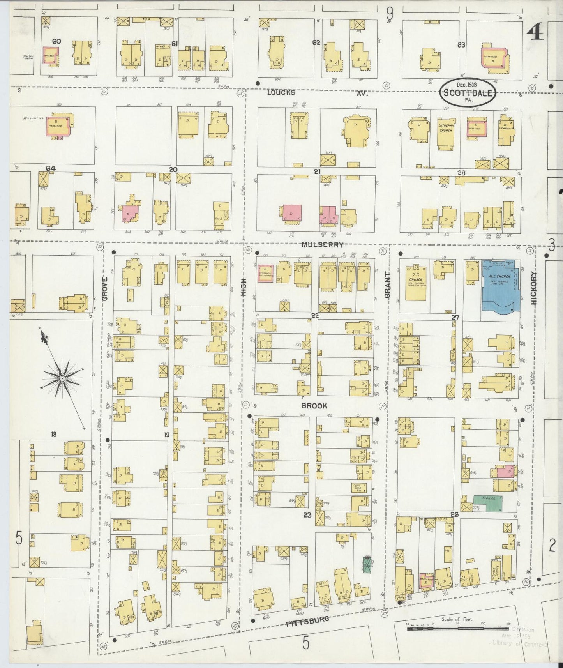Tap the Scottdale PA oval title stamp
tap(468, 93)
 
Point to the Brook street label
tap(314, 406)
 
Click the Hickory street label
tap(533, 288)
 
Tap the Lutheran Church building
tap(445, 131)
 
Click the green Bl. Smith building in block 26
tap(487, 504)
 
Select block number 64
tap(50, 168)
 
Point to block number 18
tap(53, 434)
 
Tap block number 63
tap(461, 45)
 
